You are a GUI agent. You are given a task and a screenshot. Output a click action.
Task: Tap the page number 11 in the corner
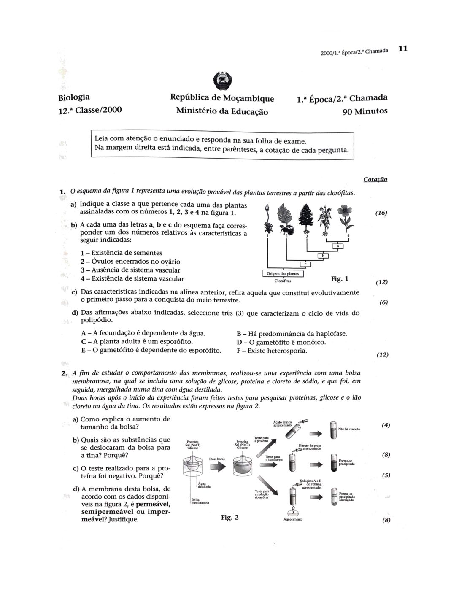tap(402, 49)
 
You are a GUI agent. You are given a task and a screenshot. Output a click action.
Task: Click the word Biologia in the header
tap(74, 97)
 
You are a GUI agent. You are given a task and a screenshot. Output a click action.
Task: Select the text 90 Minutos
tap(365, 112)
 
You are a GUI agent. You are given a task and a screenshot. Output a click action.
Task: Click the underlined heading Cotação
tap(375, 179)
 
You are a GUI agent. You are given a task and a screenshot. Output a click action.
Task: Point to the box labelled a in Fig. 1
tap(338, 246)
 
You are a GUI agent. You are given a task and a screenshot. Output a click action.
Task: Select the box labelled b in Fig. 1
tap(323, 255)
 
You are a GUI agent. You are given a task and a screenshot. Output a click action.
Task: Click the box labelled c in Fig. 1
tap(305, 264)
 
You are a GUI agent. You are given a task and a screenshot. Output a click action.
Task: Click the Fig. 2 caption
tap(230, 517)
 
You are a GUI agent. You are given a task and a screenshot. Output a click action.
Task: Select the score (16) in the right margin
tap(381, 213)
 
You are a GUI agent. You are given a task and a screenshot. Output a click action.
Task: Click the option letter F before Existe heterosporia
tap(239, 351)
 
